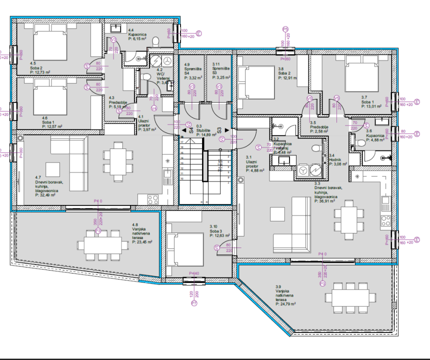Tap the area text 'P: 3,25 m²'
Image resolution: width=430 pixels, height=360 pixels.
(220, 78)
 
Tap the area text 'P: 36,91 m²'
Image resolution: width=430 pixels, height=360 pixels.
(326, 201)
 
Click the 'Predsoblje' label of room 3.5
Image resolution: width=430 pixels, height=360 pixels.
(319, 127)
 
